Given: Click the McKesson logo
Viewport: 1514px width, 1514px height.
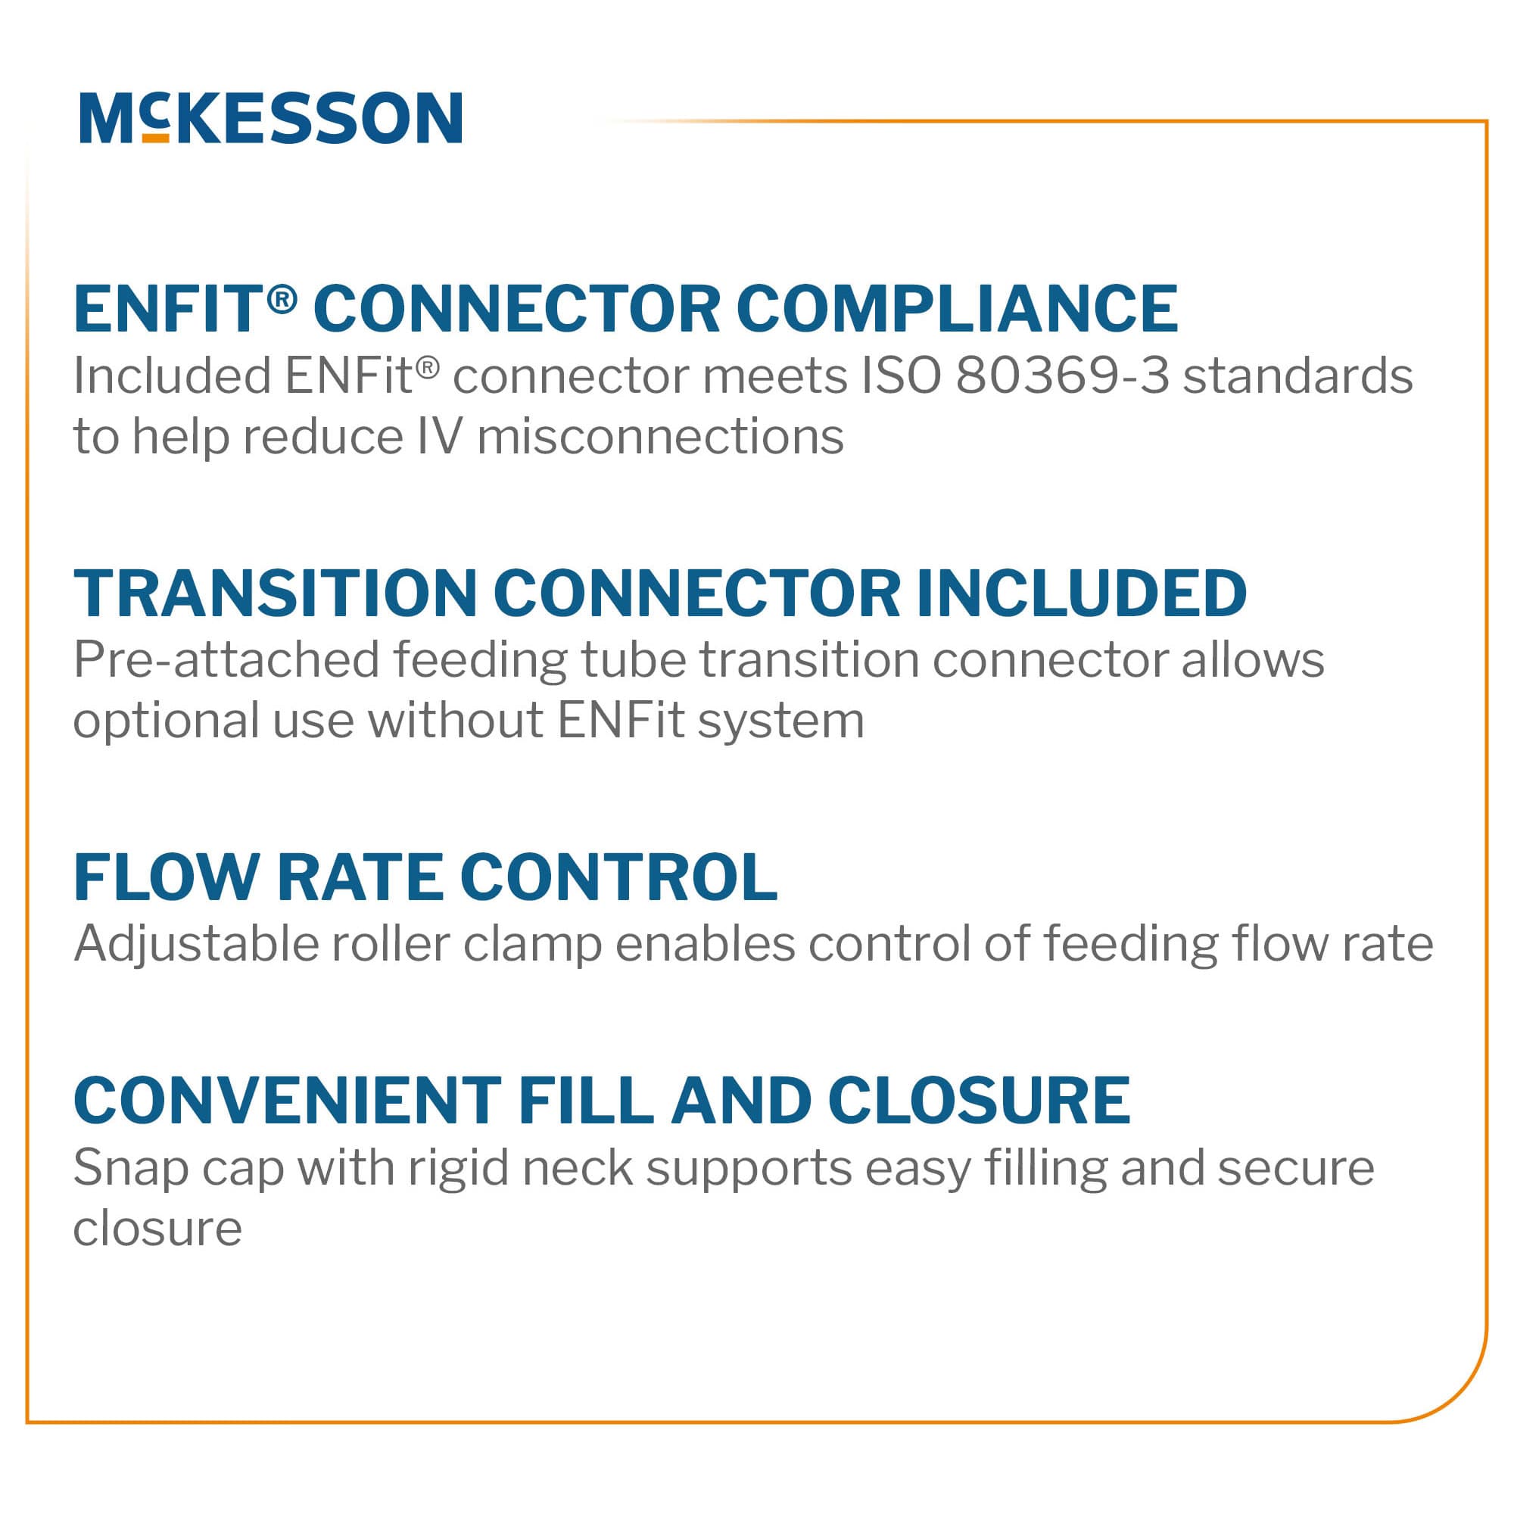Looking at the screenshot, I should pos(270,118).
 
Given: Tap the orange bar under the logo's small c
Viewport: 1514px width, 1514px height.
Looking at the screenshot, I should pos(156,138).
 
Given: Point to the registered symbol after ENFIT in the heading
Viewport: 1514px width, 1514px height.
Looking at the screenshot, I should pos(282,298).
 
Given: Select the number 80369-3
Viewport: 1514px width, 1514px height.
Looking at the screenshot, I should pos(1062,376).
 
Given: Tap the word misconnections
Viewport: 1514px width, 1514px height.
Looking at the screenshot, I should pos(660,437).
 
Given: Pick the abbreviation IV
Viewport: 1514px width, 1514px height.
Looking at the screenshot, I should pos(440,437).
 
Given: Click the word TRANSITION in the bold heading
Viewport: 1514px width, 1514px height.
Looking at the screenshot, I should pos(275,593).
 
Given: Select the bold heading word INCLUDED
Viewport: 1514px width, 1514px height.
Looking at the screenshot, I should pos(1082,593).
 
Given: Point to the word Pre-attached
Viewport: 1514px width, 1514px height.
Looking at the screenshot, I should pos(226,660).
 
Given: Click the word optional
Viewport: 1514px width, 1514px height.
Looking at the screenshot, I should pos(165,721).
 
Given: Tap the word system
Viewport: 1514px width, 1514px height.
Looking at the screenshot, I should pos(780,721).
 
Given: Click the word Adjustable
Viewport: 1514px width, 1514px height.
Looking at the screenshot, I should pos(196,944).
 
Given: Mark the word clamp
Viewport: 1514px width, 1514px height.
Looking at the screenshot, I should pos(532,944).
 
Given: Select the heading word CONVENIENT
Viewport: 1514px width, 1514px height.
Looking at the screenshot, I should pos(287,1101).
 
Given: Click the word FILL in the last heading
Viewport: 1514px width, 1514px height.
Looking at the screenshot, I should pos(585,1101).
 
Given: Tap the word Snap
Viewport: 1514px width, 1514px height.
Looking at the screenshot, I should pos(131,1168).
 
